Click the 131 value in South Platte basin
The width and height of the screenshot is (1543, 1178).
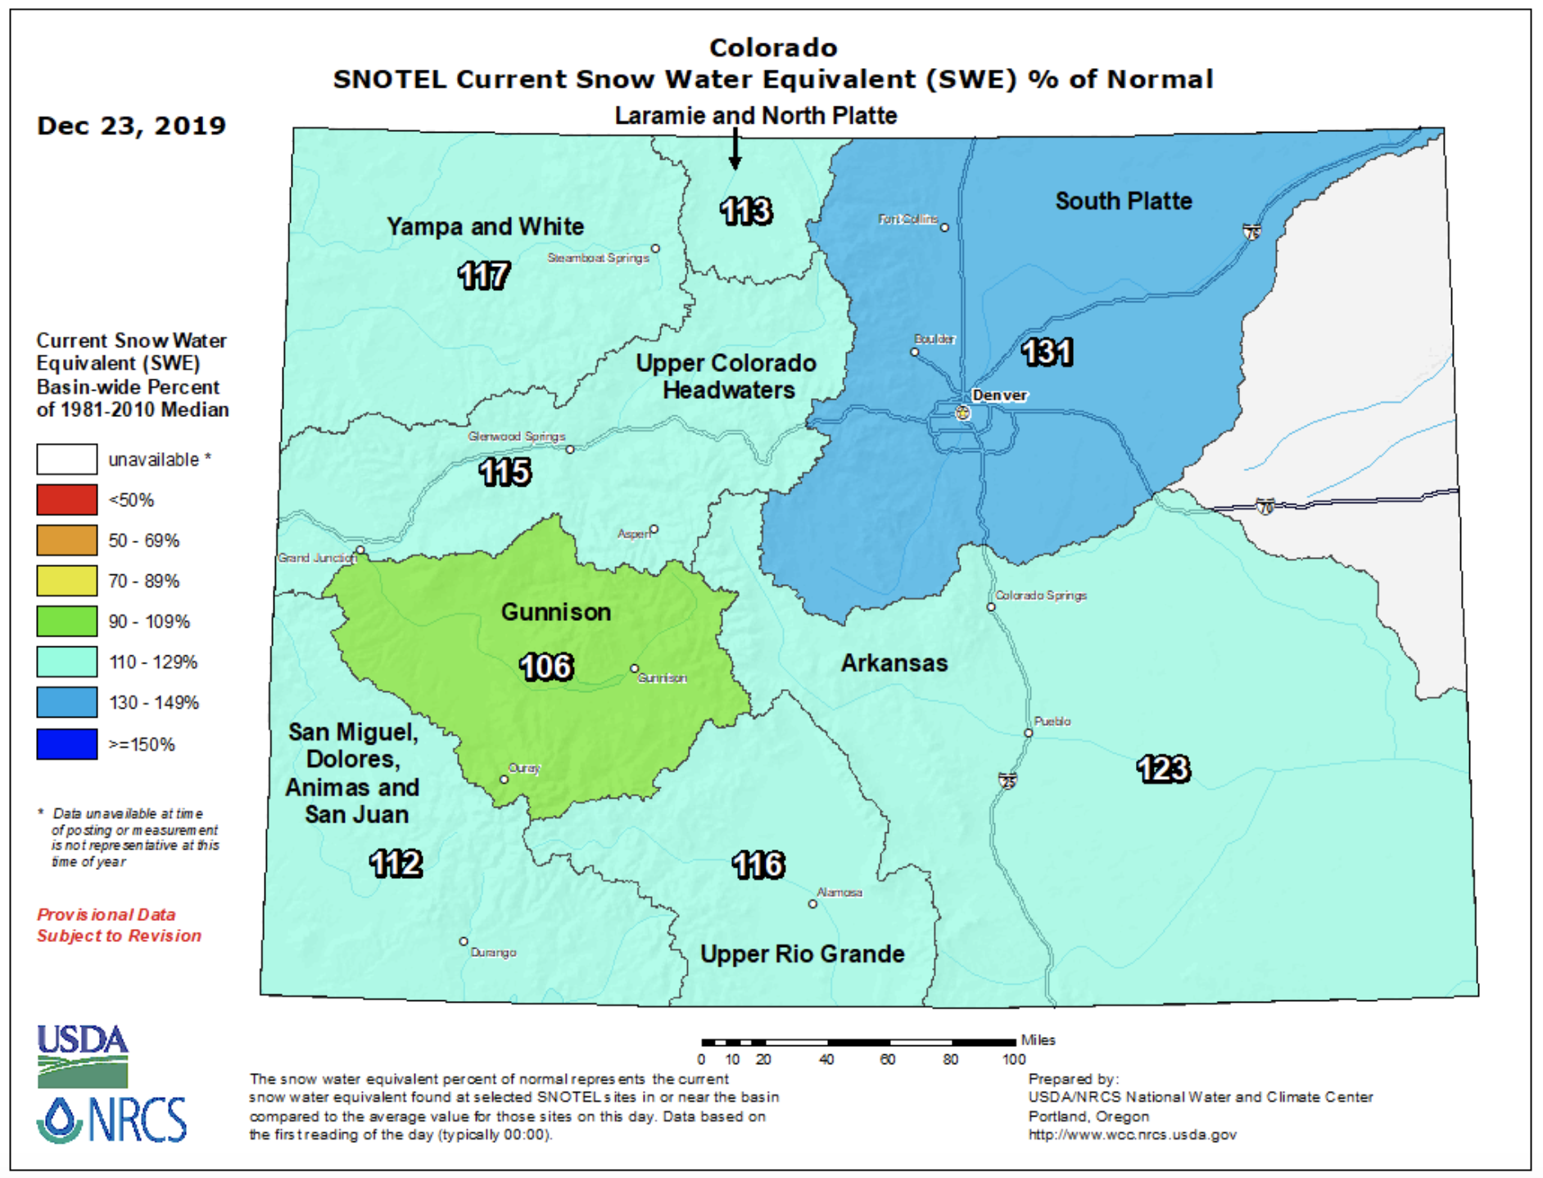point(1047,352)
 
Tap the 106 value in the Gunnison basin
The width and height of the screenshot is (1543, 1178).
point(546,666)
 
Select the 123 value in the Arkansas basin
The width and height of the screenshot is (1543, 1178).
point(1163,768)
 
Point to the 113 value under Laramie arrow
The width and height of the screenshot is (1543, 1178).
point(745,211)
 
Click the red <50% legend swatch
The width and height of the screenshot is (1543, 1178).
point(67,500)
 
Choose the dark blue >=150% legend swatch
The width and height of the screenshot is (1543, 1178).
point(67,744)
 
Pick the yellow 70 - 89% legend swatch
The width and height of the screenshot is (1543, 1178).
point(67,581)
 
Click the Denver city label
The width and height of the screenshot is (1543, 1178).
point(998,396)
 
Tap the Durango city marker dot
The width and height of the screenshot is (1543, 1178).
point(464,941)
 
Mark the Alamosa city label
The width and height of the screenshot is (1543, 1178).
point(839,892)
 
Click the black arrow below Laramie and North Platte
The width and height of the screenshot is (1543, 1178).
point(735,148)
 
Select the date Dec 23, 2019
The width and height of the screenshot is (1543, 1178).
point(131,125)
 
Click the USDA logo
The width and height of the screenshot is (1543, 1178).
point(82,1055)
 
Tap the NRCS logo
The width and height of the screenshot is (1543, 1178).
point(112,1119)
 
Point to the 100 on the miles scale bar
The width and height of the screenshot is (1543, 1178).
point(1013,1059)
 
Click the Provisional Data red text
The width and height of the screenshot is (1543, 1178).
point(106,914)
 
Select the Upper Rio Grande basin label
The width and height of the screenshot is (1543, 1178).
point(802,954)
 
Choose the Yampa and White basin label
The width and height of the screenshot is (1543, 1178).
point(485,227)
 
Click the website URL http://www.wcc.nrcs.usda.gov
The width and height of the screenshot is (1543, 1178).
point(1132,1135)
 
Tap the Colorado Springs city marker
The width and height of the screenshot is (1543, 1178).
point(991,607)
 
